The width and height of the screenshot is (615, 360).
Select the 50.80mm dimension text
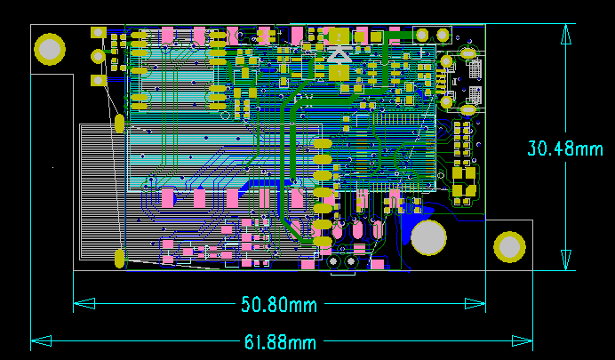[279, 305]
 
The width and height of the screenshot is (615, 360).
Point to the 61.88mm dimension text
[279, 341]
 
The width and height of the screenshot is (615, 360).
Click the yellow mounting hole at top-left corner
[51, 48]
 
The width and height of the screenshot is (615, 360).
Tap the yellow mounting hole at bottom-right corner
[509, 247]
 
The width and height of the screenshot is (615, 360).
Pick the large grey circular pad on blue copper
[428, 238]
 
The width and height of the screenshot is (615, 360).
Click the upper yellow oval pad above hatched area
[119, 123]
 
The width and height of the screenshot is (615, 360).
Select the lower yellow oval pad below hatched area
[119, 259]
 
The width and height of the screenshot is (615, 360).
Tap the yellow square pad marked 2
[339, 36]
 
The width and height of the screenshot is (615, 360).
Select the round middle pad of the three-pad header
[98, 56]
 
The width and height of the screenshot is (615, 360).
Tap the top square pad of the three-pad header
[98, 33]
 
